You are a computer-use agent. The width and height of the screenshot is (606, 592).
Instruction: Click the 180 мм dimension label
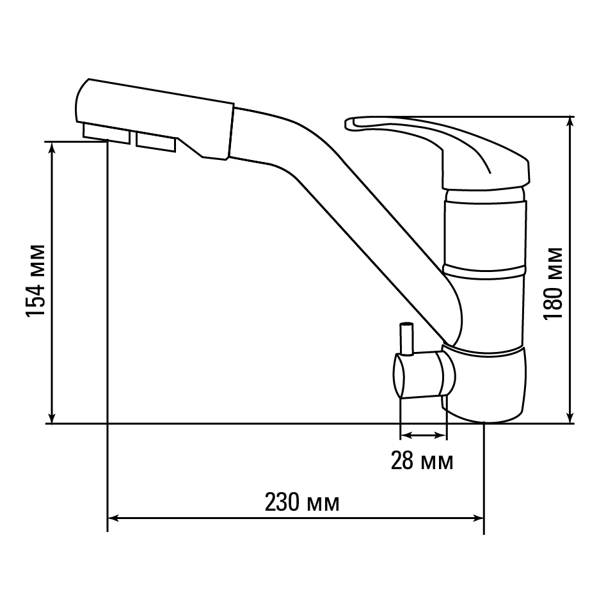pyautogui.click(x=552, y=284)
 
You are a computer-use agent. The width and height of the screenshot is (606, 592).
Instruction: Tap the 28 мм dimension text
pyautogui.click(x=422, y=461)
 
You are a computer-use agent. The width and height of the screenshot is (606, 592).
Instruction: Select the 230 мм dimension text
pyautogui.click(x=302, y=502)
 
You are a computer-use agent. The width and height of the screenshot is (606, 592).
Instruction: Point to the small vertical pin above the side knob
pyautogui.click(x=406, y=339)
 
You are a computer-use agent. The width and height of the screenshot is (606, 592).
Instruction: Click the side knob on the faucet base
pyautogui.click(x=424, y=374)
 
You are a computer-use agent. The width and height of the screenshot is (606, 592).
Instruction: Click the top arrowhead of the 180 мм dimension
pyautogui.click(x=570, y=122)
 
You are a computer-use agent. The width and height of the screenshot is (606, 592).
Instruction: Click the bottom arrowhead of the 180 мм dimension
pyautogui.click(x=570, y=418)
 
